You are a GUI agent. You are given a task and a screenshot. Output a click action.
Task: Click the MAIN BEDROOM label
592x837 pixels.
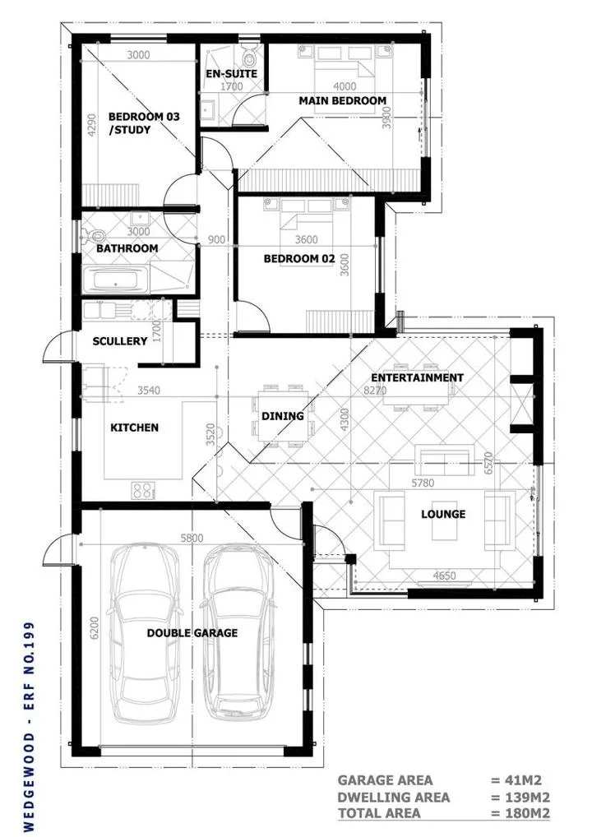(342, 100)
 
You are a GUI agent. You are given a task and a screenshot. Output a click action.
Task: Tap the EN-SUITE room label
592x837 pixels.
(232, 74)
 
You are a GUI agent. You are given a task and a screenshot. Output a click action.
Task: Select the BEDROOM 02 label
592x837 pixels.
(299, 259)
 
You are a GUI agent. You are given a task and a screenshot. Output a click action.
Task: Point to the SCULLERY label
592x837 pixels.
(119, 341)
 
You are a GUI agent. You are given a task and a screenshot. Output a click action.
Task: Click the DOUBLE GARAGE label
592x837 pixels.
(192, 633)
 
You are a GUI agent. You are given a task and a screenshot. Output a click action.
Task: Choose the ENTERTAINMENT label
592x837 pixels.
(418, 377)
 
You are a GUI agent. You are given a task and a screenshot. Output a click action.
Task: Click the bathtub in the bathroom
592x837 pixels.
(116, 280)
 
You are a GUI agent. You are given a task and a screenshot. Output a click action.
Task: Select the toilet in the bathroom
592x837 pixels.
(94, 235)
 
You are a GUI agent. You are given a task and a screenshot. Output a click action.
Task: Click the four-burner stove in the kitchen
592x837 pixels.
(143, 491)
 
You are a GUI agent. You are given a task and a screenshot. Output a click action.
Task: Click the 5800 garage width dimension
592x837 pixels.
(192, 538)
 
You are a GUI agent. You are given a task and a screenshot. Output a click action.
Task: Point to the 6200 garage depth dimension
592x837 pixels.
(95, 628)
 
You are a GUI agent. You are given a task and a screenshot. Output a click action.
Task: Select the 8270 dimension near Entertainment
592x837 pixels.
(375, 391)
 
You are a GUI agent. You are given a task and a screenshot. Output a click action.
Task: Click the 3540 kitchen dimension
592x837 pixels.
(148, 391)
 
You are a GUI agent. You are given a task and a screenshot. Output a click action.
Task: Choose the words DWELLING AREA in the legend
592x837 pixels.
(393, 798)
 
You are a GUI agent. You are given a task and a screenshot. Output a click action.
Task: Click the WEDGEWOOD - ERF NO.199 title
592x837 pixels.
(29, 726)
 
